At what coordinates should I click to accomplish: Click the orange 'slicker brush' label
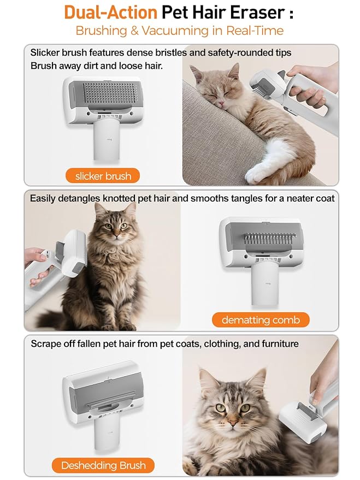coord(103,176)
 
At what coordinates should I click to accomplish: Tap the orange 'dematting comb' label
coord(261,319)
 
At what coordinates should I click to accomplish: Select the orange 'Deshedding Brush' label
coord(103,465)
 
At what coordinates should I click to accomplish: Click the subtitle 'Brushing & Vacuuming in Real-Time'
coord(180,31)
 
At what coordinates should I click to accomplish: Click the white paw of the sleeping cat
coord(257,173)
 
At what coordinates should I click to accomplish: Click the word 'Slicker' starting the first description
coord(46,52)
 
